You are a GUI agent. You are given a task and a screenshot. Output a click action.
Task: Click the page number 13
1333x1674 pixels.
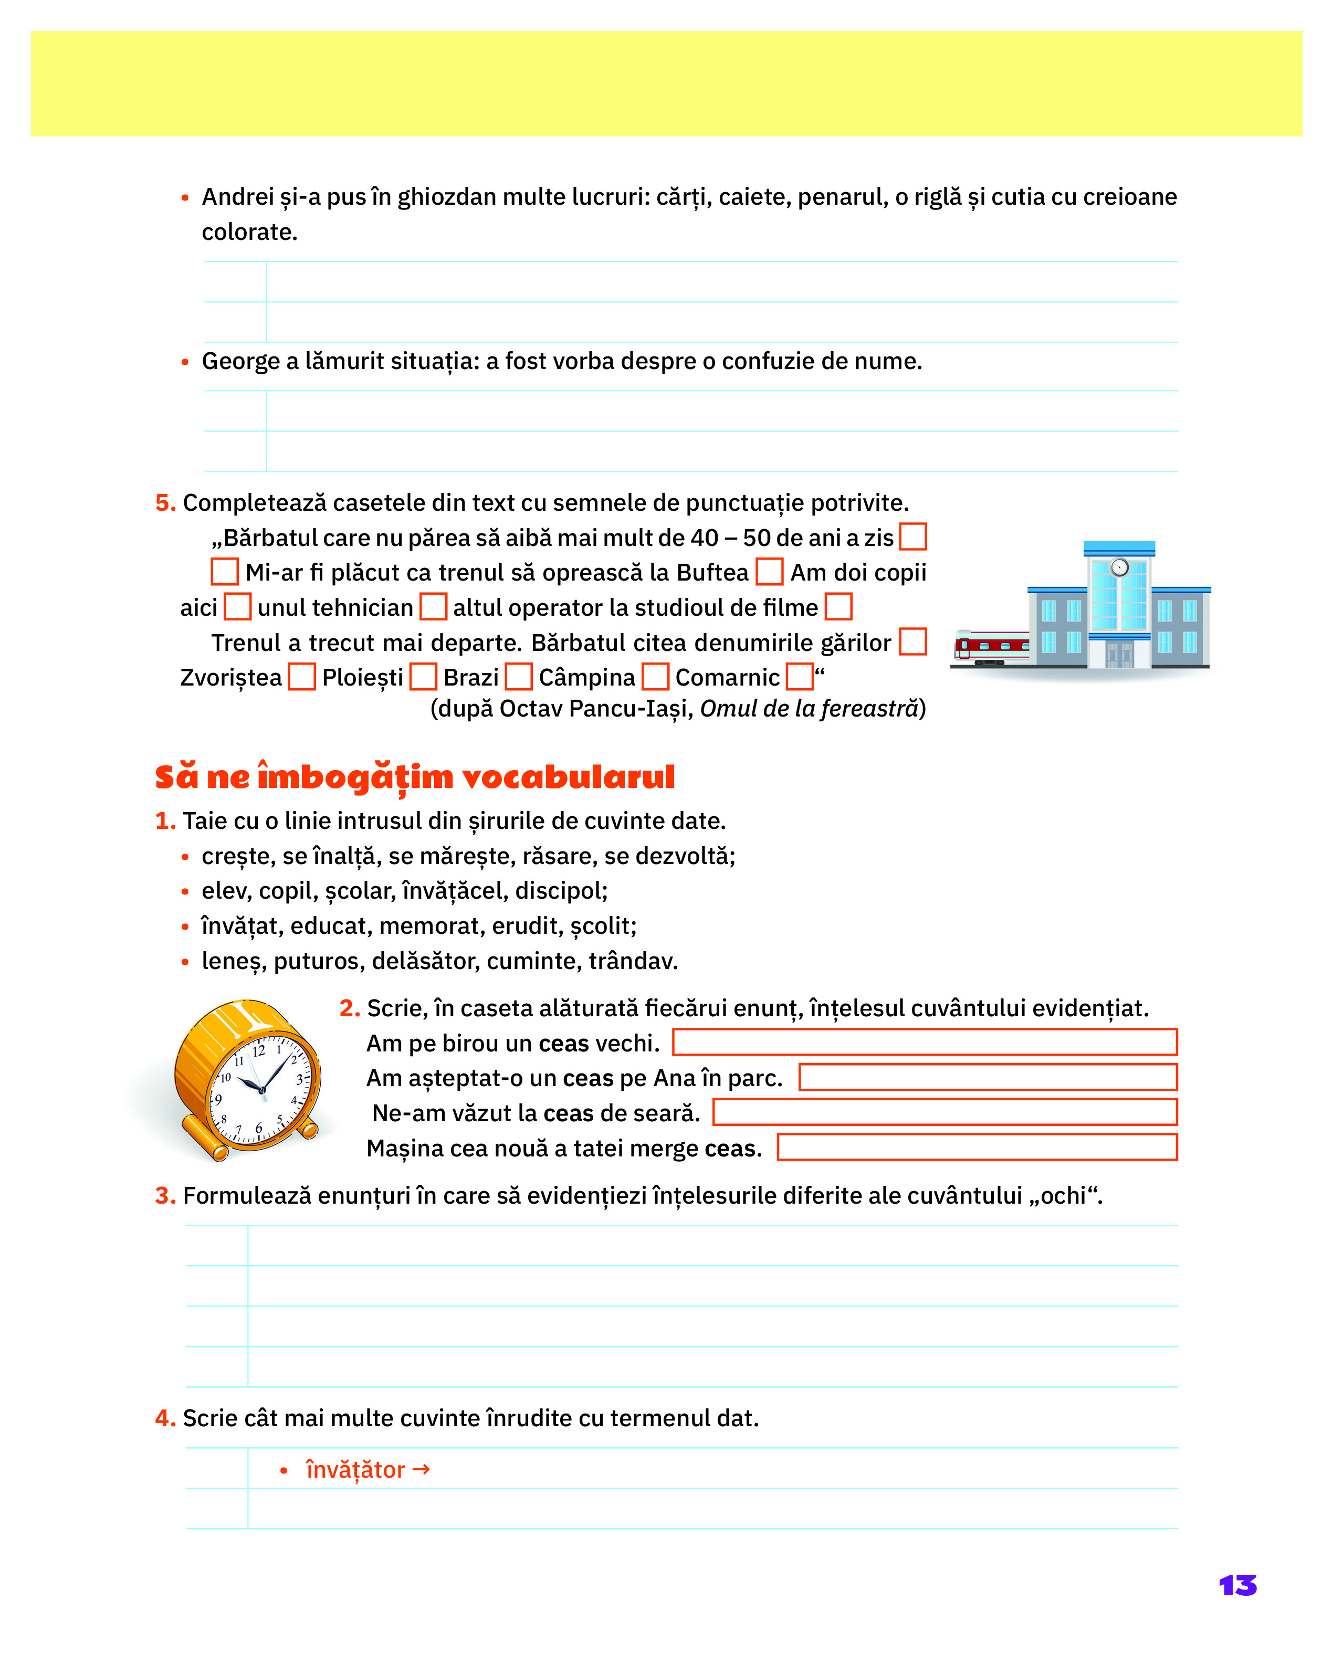point(1237,1585)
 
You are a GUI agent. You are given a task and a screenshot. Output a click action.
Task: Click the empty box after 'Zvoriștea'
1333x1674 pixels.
point(301,676)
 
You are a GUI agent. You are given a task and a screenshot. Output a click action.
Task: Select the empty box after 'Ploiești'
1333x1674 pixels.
point(423,676)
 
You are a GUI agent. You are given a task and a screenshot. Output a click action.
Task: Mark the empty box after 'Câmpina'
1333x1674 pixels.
point(655,676)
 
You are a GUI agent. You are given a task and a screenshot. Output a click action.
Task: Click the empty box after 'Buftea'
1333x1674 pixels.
point(769,572)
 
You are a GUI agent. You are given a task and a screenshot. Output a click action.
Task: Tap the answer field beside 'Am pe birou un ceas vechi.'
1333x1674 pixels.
point(924,1042)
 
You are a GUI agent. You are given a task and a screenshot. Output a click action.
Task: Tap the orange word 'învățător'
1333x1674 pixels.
point(355,1470)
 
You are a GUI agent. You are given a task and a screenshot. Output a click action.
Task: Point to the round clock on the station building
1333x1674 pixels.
point(1119,567)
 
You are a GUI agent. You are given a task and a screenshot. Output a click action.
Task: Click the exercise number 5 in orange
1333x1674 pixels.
point(164,503)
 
